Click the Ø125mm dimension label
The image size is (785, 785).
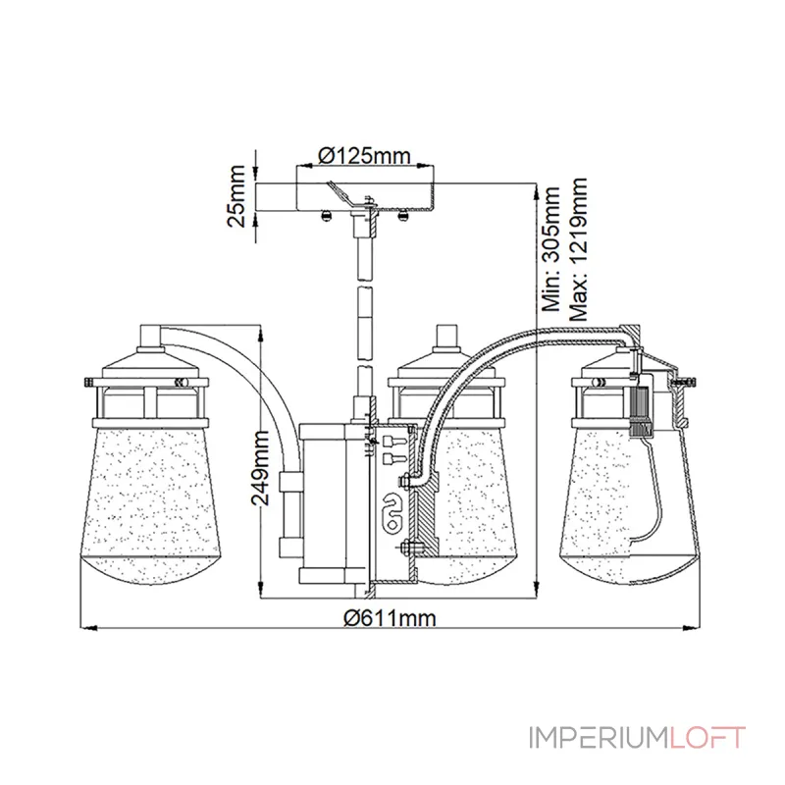click(x=364, y=156)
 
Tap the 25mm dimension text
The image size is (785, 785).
click(x=236, y=196)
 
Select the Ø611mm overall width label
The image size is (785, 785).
click(x=390, y=618)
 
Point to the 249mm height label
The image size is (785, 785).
click(x=260, y=468)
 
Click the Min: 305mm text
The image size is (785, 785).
click(x=551, y=249)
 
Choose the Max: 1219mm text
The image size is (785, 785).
click(x=578, y=249)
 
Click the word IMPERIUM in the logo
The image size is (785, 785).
click(x=599, y=738)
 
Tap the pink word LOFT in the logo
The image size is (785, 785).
click(x=707, y=738)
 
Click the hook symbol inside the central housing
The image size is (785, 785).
click(x=392, y=513)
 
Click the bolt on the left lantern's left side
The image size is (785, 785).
click(x=89, y=382)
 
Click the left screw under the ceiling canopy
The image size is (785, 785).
click(x=327, y=215)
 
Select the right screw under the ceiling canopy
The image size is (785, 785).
click(x=402, y=215)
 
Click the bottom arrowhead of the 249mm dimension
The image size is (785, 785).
click(x=261, y=590)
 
